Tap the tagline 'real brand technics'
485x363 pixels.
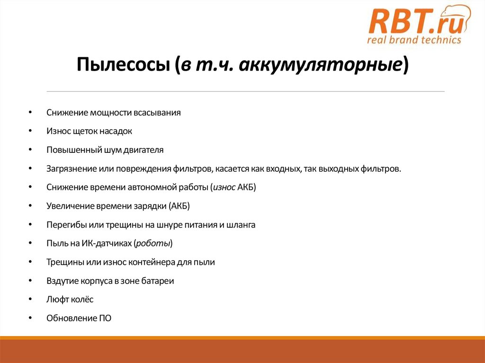coord(414,40)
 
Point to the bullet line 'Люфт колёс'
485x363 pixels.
coord(70,300)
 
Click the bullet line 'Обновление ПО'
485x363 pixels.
coord(79,318)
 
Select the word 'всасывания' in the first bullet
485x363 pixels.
coord(157,113)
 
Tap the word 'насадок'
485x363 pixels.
coord(117,131)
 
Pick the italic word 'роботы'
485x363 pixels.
coord(153,244)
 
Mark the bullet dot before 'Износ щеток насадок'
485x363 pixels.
coord(30,131)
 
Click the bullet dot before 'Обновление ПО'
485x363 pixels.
coord(30,318)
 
